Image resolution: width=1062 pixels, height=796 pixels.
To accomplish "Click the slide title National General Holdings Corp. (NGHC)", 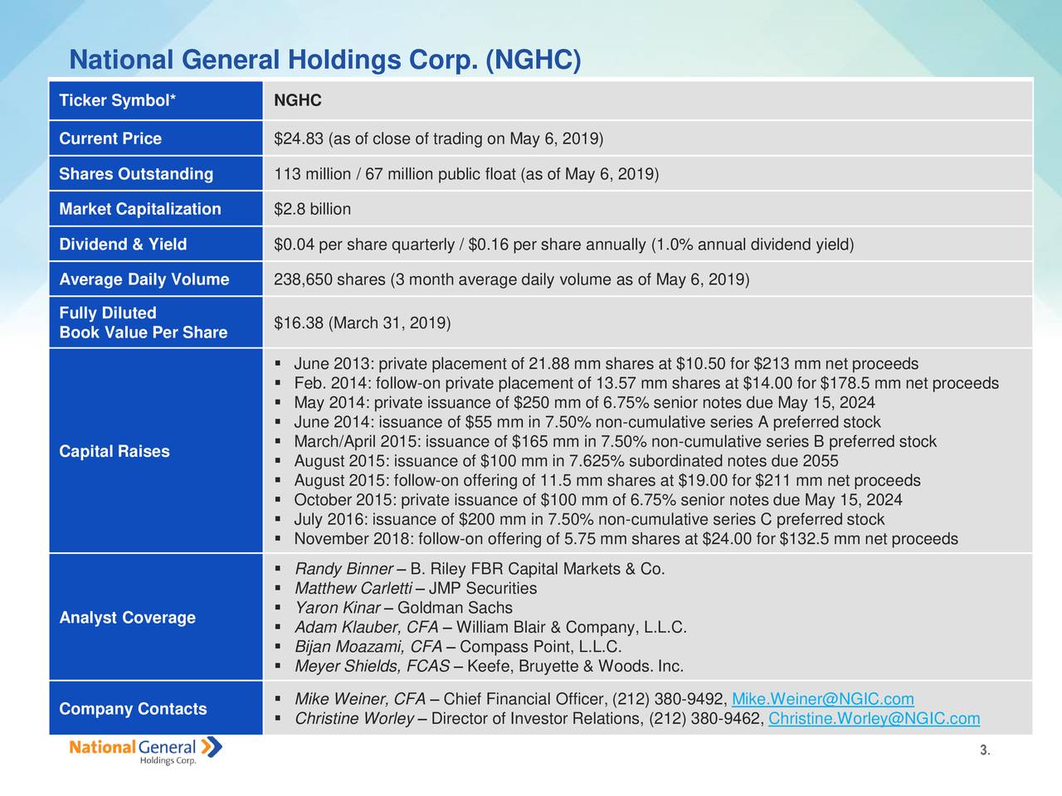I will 325,61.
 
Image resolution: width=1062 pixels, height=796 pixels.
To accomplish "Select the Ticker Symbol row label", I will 117,101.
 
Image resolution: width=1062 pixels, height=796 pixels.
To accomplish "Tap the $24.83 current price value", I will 299,138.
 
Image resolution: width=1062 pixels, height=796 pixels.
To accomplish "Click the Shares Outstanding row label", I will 136,174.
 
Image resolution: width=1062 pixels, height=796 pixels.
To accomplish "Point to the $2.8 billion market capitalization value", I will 312,209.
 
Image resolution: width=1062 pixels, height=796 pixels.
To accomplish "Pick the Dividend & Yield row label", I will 123,245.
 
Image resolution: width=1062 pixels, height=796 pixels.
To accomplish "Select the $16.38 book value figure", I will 298,323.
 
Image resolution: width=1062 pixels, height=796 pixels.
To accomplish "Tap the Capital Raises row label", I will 114,451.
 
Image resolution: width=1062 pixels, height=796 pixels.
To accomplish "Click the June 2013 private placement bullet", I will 606,365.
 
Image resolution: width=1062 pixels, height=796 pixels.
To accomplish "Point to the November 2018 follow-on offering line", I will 626,540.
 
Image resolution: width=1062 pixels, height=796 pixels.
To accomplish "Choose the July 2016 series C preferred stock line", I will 589,520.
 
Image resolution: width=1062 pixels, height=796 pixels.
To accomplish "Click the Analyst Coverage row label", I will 127,618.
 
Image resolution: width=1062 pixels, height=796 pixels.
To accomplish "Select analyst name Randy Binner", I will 343,570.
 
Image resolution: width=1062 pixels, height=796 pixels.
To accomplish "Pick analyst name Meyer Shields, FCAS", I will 373,667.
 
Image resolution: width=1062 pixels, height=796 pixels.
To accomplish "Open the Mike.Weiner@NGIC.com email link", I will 823,699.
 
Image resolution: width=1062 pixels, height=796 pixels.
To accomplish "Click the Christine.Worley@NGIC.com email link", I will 874,719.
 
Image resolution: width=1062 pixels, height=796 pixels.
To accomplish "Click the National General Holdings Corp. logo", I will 145,751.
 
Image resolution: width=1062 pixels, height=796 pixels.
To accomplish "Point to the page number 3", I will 983,751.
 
